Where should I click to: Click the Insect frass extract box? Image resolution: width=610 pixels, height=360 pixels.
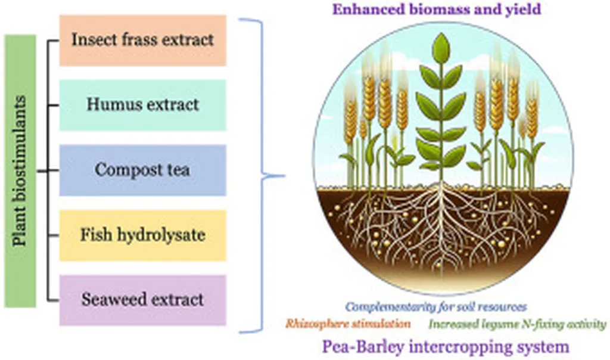[x=143, y=40]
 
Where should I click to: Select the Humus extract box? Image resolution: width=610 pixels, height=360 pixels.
[x=143, y=105]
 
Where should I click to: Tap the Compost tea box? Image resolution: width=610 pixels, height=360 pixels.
[x=143, y=170]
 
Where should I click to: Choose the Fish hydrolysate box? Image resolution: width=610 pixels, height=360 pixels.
[x=143, y=235]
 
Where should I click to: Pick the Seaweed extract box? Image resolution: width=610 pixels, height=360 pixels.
[x=143, y=300]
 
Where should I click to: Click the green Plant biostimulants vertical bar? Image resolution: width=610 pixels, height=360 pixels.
[x=20, y=171]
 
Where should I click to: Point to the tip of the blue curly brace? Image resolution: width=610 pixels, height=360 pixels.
[x=285, y=176]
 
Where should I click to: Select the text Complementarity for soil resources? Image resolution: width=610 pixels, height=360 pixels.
[x=436, y=307]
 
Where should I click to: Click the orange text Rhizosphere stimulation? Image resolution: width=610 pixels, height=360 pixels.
[x=348, y=324]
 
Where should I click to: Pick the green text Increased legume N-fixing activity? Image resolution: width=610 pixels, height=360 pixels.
[x=518, y=324]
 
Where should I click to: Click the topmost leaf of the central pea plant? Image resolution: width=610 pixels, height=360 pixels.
[x=441, y=48]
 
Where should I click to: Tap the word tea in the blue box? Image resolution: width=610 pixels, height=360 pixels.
[x=177, y=170]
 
